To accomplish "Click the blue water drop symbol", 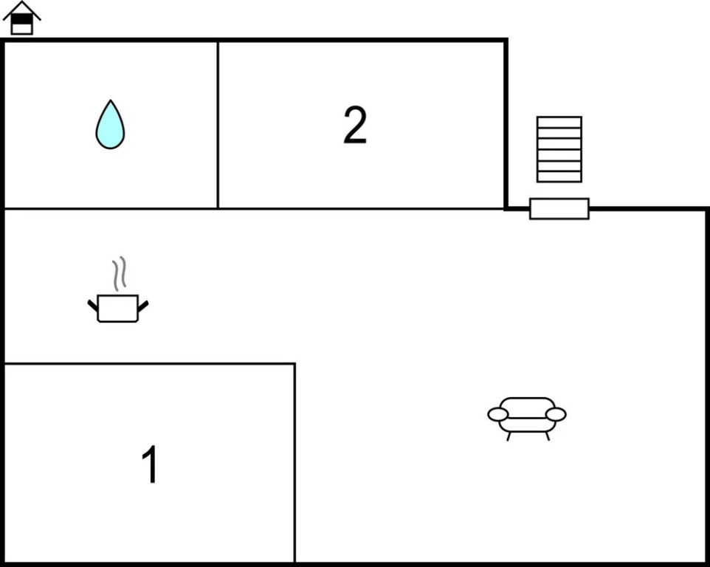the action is (110, 125).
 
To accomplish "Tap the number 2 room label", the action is (355, 125).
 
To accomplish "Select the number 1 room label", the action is (150, 464).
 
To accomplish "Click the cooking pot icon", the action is (118, 308).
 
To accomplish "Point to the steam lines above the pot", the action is (119, 274).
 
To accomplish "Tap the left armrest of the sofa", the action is (497, 414).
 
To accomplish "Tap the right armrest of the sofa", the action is (556, 414).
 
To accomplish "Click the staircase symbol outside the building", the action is (559, 149).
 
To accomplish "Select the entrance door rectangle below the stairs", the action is (559, 209).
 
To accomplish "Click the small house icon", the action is (21, 18).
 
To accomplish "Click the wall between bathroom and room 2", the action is (218, 125).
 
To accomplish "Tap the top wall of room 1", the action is (150, 363).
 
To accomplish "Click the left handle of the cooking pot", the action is (93, 306).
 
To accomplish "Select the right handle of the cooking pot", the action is (143, 306).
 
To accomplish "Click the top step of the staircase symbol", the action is (559, 123).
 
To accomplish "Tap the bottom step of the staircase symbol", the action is (559, 177).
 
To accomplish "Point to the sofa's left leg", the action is (509, 436).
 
